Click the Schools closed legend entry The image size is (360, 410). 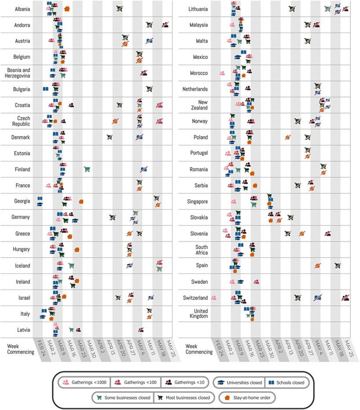[284, 383]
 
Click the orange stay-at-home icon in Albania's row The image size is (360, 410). [67, 9]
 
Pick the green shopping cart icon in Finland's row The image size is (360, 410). [87, 169]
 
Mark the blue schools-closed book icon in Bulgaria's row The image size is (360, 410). [45, 89]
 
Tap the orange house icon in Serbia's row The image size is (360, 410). [255, 185]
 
